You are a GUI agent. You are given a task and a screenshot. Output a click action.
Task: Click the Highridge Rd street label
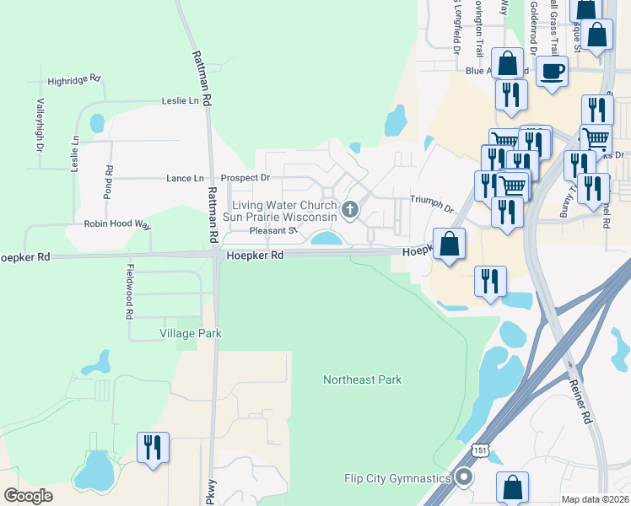(74, 80)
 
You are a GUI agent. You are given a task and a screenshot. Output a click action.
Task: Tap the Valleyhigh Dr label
(40, 126)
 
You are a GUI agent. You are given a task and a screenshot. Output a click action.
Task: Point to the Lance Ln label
(185, 179)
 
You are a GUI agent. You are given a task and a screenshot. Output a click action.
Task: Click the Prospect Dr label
(245, 179)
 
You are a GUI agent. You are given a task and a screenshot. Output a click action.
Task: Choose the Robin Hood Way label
(116, 225)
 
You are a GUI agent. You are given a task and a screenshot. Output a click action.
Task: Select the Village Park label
(191, 333)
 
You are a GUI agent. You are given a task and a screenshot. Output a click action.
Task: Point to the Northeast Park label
(362, 380)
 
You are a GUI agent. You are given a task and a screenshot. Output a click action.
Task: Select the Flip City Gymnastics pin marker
(463, 478)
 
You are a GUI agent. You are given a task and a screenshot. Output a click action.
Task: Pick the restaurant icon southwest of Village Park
(153, 447)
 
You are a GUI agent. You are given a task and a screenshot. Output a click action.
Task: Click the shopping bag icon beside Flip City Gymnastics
(512, 487)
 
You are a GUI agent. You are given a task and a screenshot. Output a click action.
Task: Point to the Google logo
(28, 496)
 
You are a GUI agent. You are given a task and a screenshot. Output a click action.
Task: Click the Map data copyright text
(595, 499)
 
